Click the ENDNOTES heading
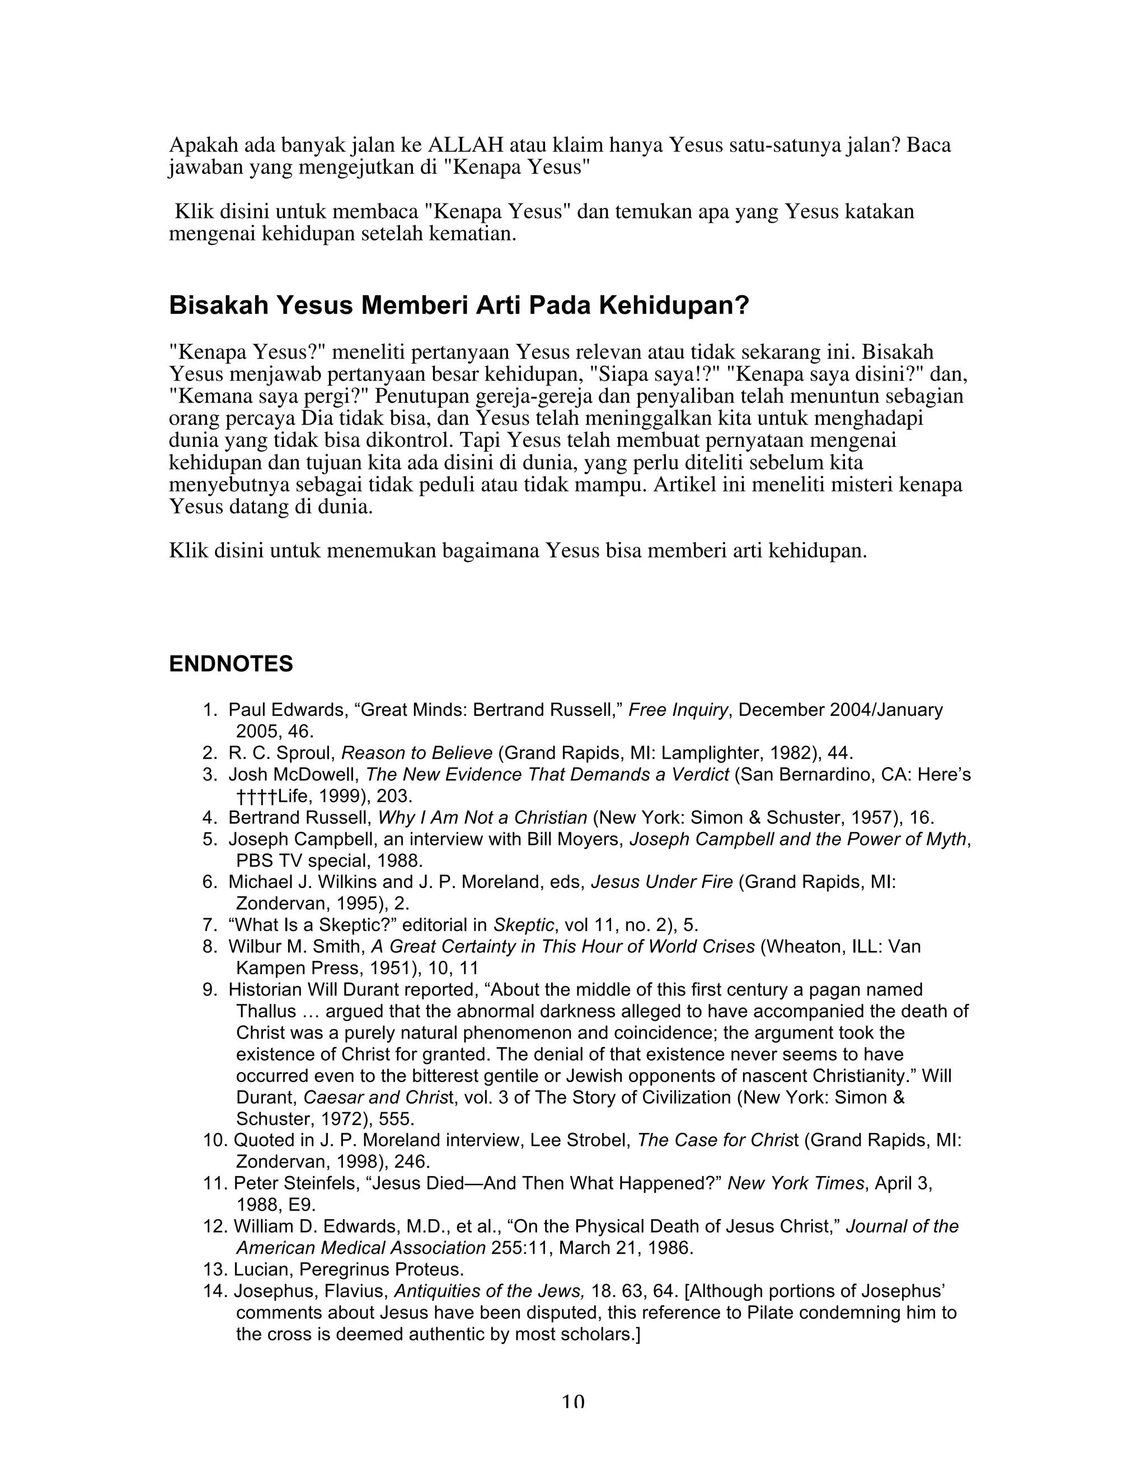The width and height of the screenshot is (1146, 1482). click(231, 664)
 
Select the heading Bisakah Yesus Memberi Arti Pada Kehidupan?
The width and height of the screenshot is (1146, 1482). click(458, 306)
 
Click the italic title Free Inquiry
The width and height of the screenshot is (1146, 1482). click(678, 710)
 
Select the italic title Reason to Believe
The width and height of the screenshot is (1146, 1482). click(416, 753)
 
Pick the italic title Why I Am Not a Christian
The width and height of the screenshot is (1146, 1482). click(482, 818)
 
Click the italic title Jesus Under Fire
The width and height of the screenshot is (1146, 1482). click(661, 882)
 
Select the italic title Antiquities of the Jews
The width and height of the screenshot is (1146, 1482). click(490, 1292)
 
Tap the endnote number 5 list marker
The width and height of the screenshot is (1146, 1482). click(210, 839)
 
